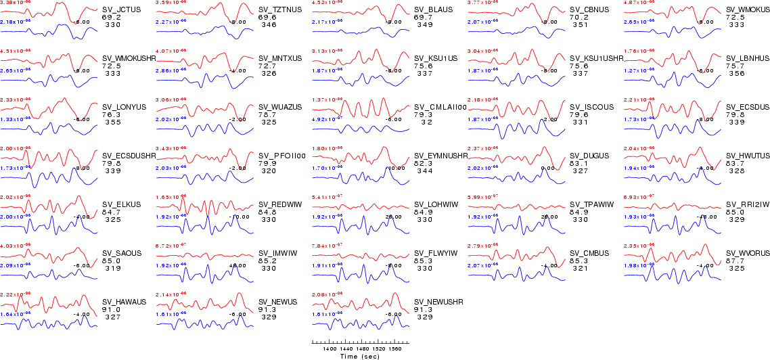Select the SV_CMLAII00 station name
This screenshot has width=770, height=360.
point(440,107)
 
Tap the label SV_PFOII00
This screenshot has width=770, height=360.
point(282,156)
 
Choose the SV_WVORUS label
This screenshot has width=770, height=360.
point(748,253)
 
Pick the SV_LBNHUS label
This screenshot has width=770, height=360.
point(748,58)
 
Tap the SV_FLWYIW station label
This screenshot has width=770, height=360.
point(436,253)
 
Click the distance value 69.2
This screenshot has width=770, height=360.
point(111,17)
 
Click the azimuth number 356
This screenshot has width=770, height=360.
point(737,73)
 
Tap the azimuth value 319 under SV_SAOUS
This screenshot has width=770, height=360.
point(113,268)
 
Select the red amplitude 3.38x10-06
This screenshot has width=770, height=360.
point(15,3)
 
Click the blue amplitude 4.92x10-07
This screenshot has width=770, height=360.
point(327,119)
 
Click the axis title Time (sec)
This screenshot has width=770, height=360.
point(360,356)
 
